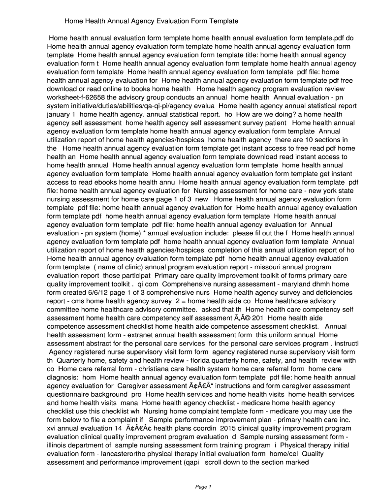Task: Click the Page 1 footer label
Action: pos(203,487)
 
